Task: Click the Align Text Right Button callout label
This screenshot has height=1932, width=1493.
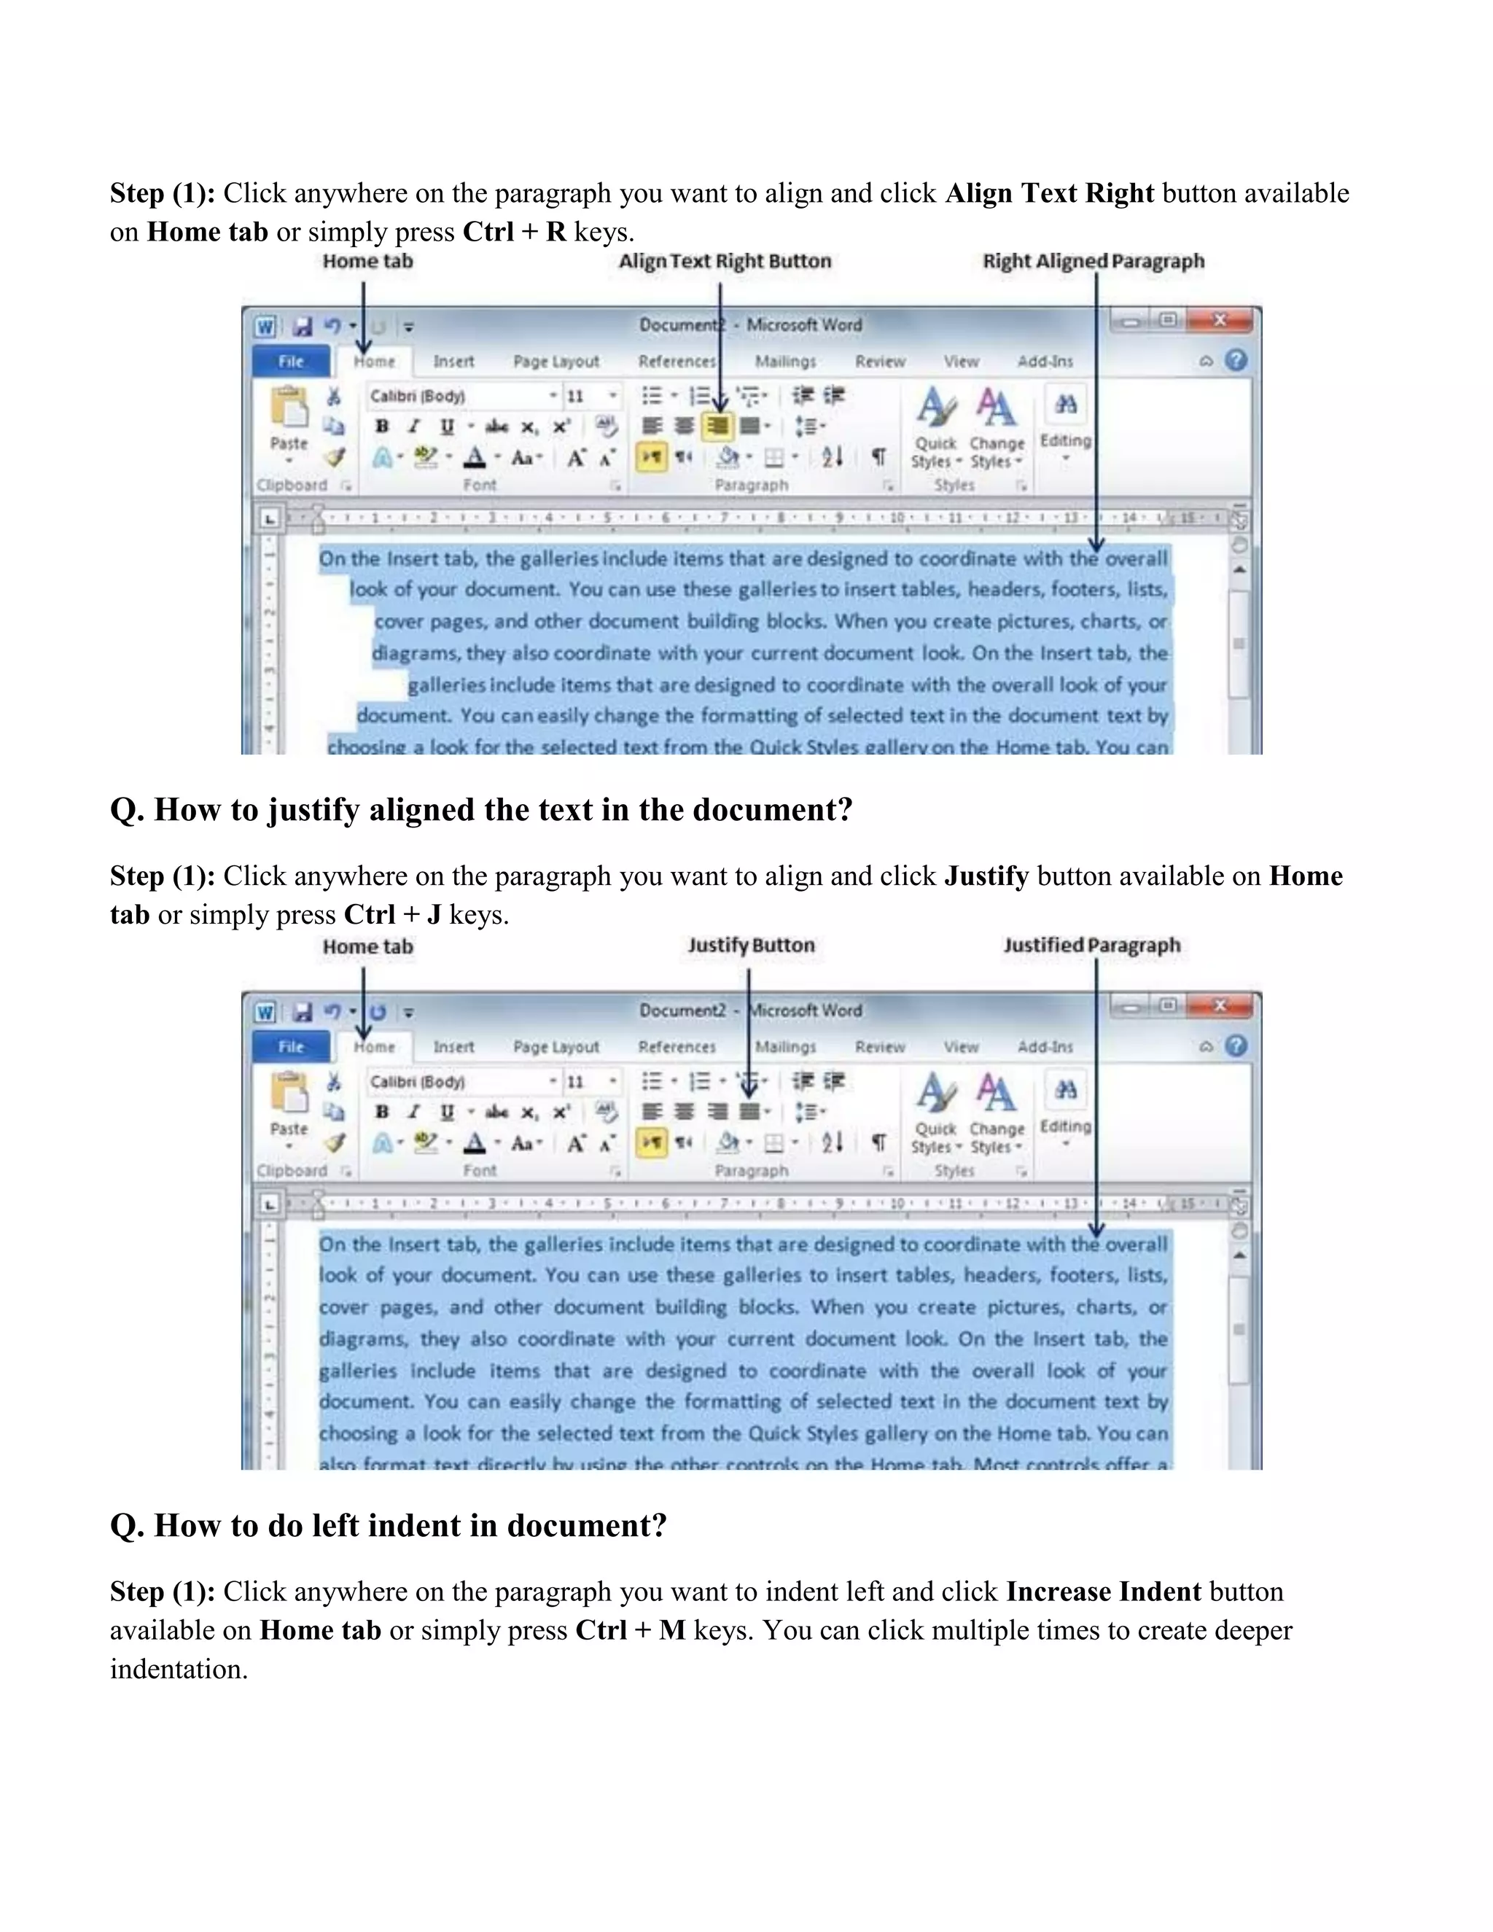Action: click(725, 261)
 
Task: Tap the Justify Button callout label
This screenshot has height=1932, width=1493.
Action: click(751, 945)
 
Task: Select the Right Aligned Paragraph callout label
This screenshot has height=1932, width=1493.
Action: click(1094, 261)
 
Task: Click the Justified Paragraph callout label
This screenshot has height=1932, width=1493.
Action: click(1091, 945)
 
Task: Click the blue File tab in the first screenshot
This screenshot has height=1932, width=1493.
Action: click(291, 361)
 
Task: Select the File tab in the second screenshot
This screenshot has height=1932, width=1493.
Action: click(291, 1046)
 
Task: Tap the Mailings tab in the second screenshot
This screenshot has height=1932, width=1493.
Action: click(785, 1046)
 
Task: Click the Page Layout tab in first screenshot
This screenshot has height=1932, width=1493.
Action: click(556, 361)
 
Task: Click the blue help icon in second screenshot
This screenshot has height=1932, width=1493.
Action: click(1236, 1045)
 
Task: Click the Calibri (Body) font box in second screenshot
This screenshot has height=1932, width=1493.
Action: click(456, 1081)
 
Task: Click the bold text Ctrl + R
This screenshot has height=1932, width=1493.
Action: click(514, 232)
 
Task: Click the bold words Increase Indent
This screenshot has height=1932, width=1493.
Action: click(1103, 1592)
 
